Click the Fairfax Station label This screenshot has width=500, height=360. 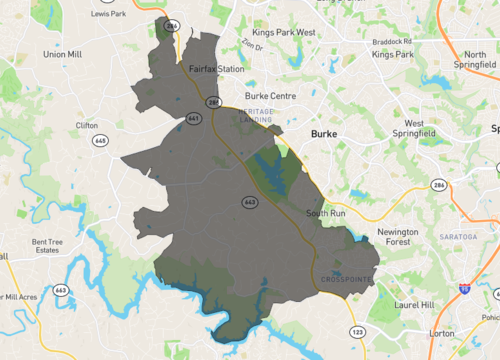217,69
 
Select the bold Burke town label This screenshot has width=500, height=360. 325,133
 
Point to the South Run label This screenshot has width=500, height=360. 326,213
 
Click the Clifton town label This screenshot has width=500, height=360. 87,125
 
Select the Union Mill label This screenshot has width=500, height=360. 61,54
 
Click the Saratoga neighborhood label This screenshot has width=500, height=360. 457,236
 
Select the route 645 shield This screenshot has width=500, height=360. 101,141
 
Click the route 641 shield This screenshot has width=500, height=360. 192,118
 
